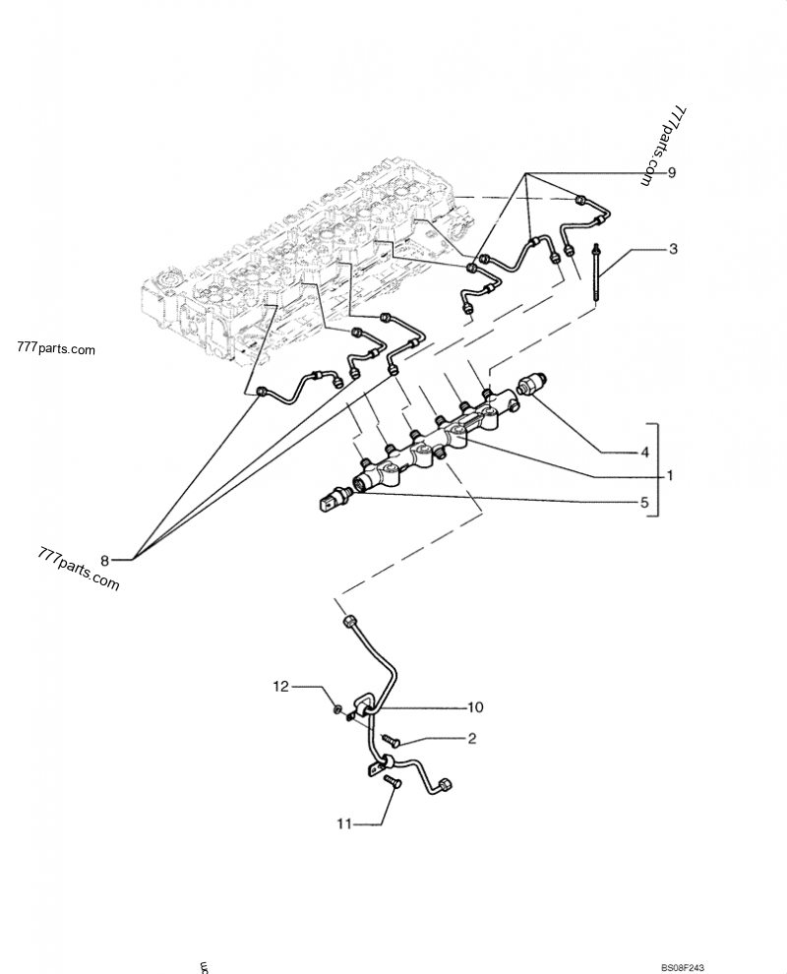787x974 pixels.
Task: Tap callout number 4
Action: pos(645,453)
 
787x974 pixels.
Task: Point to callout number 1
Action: pos(669,476)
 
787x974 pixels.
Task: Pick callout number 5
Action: pos(645,502)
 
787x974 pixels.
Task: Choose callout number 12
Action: pos(282,686)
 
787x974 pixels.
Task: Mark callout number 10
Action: pos(475,706)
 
